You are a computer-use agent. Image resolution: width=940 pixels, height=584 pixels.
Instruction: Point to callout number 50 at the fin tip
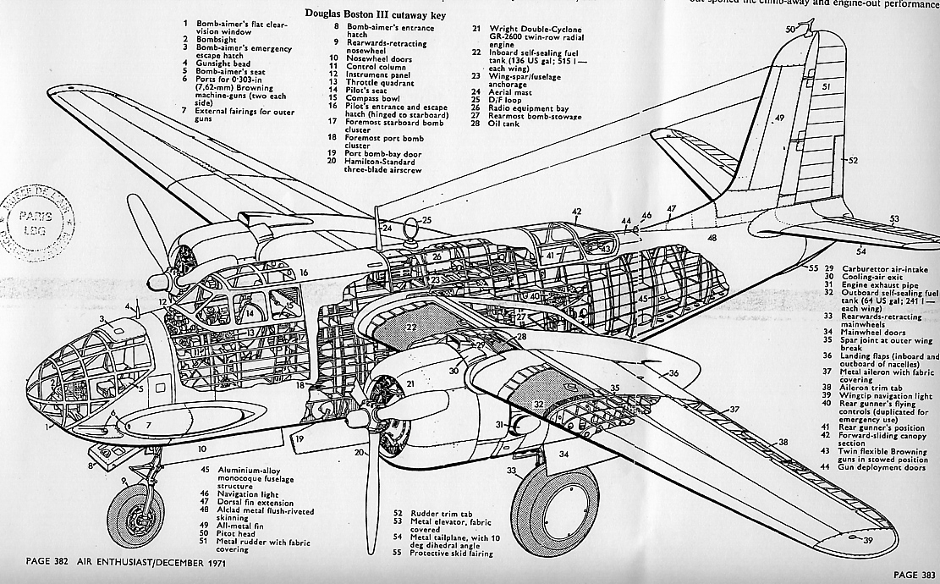tap(789, 30)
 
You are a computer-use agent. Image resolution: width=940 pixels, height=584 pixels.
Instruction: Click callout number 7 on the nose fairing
tap(148, 424)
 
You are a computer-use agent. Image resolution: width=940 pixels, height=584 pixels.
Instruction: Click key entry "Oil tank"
tap(506, 123)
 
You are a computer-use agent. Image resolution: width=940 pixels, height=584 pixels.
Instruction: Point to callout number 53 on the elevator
tap(894, 218)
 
